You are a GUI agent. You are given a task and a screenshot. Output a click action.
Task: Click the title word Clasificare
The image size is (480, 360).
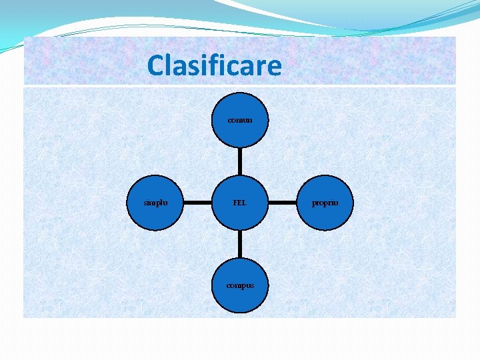[x=214, y=66]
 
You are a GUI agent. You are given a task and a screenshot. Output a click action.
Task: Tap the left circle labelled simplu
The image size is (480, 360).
[x=155, y=203]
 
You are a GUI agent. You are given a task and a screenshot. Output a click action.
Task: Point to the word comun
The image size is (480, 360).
[x=240, y=121]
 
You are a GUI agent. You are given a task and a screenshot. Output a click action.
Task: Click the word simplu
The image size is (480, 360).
[x=155, y=203]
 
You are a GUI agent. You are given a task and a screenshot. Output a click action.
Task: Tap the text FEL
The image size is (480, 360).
[x=240, y=202]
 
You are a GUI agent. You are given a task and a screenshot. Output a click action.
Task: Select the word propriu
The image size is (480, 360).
[x=325, y=202]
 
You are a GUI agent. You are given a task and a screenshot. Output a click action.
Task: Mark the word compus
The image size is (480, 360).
[x=240, y=285]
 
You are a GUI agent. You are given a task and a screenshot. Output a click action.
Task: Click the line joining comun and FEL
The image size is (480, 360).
[x=240, y=161]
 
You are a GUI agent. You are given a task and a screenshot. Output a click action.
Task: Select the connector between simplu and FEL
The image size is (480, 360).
[x=197, y=202]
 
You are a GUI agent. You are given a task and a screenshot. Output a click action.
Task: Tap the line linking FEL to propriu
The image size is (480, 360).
[x=282, y=202]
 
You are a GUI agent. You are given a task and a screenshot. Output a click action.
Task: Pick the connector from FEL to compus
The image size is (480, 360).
[x=240, y=244]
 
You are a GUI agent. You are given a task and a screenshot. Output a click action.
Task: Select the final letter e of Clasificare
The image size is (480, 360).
[x=274, y=67]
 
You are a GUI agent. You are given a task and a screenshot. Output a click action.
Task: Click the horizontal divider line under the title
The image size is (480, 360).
[x=240, y=86]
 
